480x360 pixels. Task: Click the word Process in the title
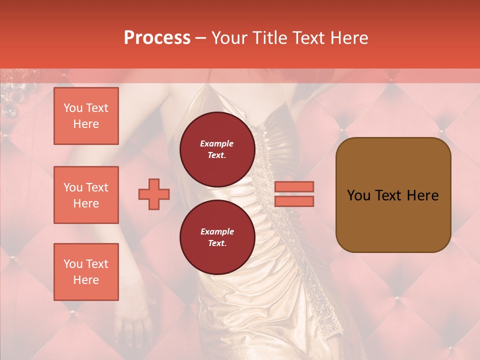point(157,38)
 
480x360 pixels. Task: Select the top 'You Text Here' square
point(86,116)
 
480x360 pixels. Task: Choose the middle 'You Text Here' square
point(86,195)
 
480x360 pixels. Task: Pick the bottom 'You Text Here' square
point(86,272)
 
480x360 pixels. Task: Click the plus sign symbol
point(154,194)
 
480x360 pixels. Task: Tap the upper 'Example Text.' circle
point(217,149)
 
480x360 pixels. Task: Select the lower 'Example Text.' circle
point(217,237)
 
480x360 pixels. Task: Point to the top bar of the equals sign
point(294,186)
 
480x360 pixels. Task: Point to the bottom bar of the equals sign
point(294,201)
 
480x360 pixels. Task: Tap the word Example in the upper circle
point(217,143)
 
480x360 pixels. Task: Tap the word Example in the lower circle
point(217,231)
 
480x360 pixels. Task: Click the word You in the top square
point(73,108)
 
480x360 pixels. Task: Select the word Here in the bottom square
point(86,280)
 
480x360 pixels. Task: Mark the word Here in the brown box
point(423,195)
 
